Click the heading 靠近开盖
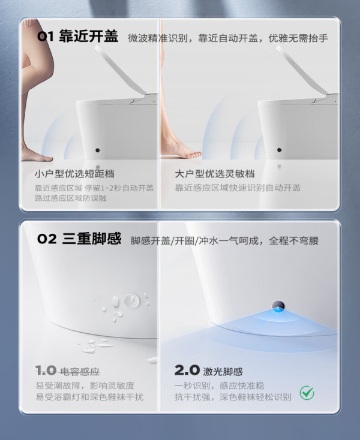(x=89, y=37)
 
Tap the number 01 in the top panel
(x=45, y=37)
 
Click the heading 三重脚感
(x=92, y=239)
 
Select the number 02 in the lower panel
(x=47, y=239)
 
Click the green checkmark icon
(x=307, y=393)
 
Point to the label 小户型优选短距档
(x=74, y=174)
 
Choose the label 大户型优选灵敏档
(x=215, y=174)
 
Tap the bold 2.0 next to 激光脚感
(x=187, y=370)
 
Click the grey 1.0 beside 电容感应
(x=46, y=370)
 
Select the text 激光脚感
(x=223, y=372)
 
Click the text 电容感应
(x=80, y=372)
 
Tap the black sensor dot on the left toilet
(x=97, y=150)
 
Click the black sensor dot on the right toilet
(x=279, y=150)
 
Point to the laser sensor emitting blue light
(x=278, y=306)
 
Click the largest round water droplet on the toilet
(x=132, y=301)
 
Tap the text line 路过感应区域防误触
(x=70, y=198)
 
